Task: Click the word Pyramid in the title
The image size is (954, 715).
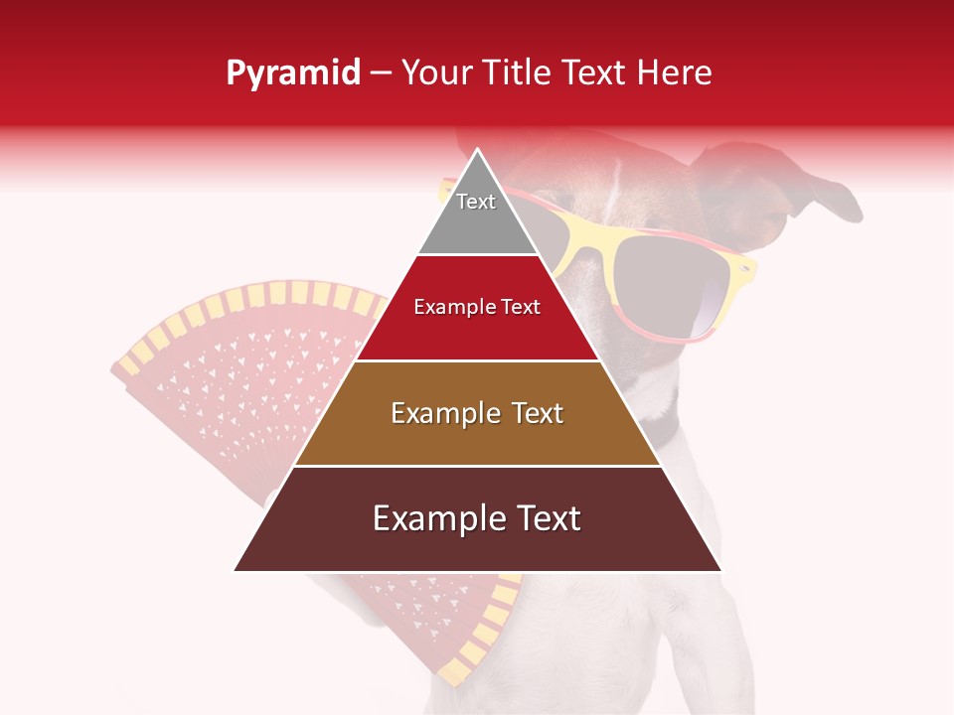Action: [x=292, y=73]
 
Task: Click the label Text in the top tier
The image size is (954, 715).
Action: [x=476, y=202]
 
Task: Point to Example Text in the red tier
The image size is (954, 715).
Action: [x=477, y=307]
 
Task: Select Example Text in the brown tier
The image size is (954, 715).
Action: [x=477, y=413]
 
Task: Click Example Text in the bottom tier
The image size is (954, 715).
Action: [x=477, y=518]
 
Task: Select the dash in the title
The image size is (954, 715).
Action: [x=381, y=73]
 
